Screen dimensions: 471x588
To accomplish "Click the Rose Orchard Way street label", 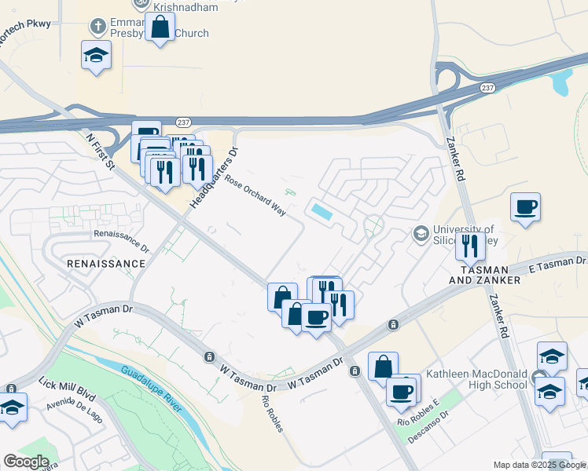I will [255, 195].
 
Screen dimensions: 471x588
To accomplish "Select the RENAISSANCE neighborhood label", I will [106, 264].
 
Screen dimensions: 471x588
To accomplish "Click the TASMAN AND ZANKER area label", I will [485, 274].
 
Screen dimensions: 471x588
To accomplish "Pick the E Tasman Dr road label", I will [557, 265].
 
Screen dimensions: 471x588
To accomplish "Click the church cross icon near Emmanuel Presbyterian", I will [97, 26].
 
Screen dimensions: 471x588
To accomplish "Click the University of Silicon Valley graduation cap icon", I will [421, 233].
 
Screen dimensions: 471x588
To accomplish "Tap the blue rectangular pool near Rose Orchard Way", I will [322, 211].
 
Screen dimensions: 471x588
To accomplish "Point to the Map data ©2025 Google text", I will [538, 465].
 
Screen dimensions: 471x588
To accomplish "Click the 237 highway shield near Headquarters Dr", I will [183, 122].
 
